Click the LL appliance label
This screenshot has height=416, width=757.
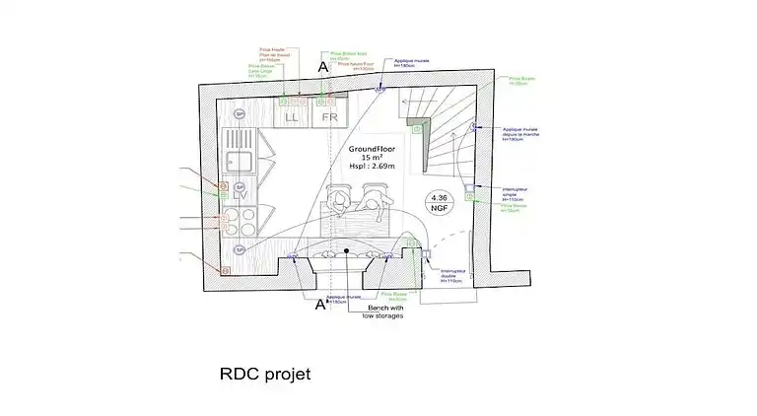(291, 116)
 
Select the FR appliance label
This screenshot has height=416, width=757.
(330, 116)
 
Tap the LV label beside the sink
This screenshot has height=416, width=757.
(241, 194)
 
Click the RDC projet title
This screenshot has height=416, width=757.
(265, 374)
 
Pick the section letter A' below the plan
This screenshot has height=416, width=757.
(320, 305)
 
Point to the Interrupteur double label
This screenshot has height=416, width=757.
(451, 275)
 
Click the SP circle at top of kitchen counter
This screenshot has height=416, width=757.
(239, 114)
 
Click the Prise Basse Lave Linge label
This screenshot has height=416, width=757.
(260, 71)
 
